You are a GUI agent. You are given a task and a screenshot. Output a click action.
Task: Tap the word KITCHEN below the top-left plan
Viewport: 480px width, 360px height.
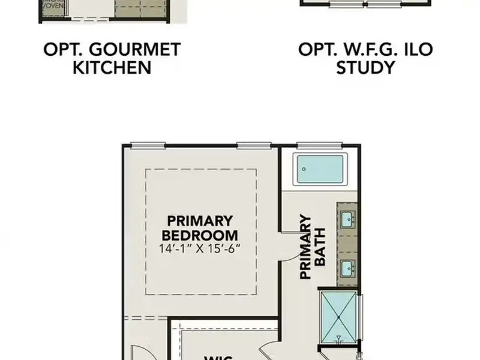[x=112, y=67]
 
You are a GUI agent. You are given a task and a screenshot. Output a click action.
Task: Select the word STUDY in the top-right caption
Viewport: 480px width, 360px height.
[x=365, y=67]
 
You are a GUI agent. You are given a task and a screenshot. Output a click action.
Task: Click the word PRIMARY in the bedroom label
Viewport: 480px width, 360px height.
[x=200, y=221]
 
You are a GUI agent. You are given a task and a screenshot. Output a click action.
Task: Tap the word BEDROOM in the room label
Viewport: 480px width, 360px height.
[x=200, y=235]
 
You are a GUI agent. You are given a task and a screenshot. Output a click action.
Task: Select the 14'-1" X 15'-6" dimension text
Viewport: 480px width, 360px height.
[x=200, y=248]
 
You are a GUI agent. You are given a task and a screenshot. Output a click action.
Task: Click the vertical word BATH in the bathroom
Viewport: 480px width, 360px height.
[x=320, y=247]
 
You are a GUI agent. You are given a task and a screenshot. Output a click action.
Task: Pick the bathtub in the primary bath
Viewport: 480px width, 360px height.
[x=320, y=169]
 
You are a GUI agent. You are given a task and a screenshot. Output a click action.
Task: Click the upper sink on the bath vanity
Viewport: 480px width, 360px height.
[x=347, y=220]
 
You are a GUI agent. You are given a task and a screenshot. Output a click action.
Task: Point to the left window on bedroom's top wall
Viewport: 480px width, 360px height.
[x=148, y=145]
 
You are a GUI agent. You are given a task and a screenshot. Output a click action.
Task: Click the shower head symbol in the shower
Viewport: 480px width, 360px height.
[x=339, y=340]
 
